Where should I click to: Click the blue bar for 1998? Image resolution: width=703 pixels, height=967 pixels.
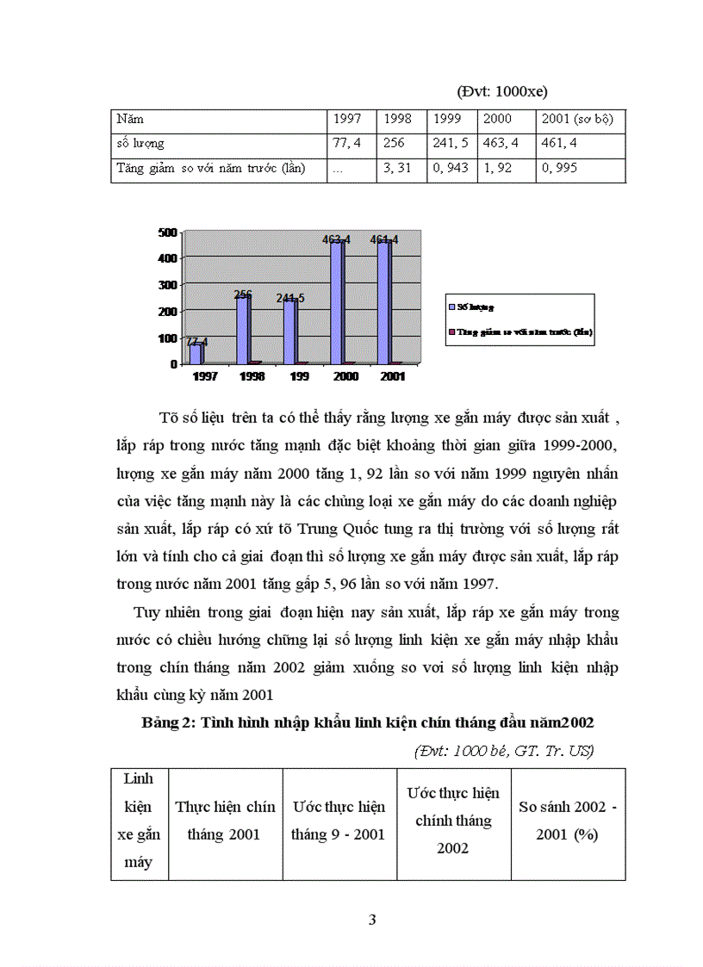point(243,329)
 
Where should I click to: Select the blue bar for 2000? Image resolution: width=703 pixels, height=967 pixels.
point(337,301)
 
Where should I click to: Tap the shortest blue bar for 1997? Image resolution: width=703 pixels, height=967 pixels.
point(196,353)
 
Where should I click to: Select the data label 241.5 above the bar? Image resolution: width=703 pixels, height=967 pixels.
point(290,298)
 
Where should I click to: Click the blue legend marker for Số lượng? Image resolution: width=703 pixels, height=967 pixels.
point(451,305)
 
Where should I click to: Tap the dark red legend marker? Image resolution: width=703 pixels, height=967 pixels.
point(451,331)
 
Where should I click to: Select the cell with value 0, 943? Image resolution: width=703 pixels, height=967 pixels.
point(451,169)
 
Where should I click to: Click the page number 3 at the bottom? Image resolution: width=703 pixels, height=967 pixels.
point(372,920)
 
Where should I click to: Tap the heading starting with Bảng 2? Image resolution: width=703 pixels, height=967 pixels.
point(368,723)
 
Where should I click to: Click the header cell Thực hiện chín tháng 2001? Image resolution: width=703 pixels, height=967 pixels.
point(225,821)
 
